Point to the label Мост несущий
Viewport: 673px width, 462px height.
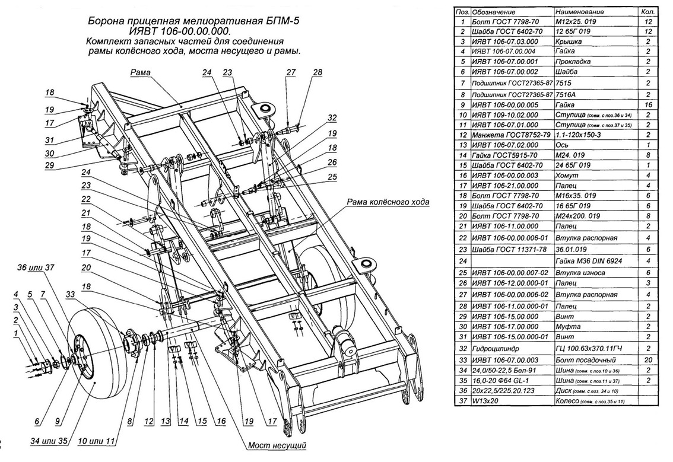pos(278,444)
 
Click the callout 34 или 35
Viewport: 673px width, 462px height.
pos(41,441)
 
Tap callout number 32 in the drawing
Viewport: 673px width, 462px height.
pos(332,117)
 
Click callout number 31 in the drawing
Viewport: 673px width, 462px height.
pos(52,141)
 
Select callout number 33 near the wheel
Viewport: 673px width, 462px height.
pos(71,294)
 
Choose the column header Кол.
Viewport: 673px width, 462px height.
pos(647,11)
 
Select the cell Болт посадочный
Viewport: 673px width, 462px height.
pos(580,360)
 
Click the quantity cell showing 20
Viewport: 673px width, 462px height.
pos(647,360)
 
